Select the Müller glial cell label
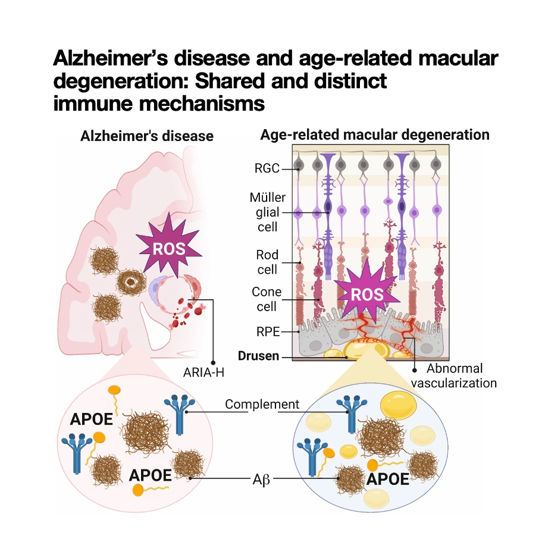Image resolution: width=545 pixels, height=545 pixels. (268, 212)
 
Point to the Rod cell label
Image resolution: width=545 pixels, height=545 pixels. (267, 262)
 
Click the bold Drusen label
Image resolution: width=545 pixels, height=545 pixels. (259, 356)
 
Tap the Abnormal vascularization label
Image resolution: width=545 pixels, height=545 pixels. (454, 375)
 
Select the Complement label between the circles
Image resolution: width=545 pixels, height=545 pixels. (262, 405)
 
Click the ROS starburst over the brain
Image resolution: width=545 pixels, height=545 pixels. (169, 249)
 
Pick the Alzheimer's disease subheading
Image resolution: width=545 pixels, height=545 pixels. (147, 136)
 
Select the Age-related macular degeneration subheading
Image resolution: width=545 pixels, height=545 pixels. (375, 134)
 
